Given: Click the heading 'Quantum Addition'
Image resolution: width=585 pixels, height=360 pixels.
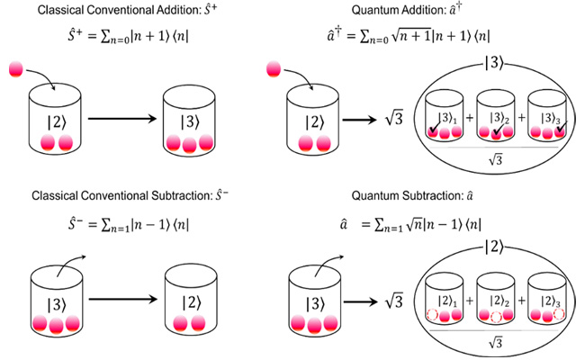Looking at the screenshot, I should [x=420, y=10].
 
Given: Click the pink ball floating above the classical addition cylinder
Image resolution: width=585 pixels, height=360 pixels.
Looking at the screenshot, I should [x=18, y=69].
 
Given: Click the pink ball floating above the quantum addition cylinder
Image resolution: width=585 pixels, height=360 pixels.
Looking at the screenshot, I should [x=270, y=69].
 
